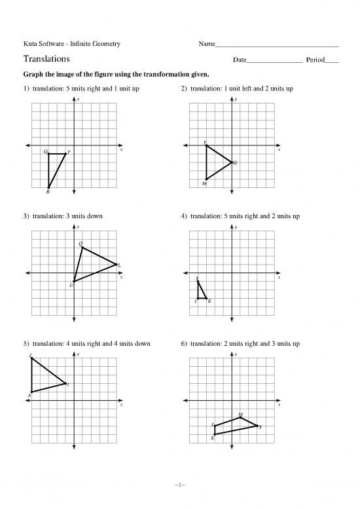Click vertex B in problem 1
48,187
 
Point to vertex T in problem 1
65,154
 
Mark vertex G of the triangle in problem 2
232,162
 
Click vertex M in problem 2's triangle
206,179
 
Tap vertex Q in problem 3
82,248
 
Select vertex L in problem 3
116,265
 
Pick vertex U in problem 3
73,282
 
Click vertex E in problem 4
206,298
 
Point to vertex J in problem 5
31,358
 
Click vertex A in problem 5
31,392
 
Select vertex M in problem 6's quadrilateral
240,417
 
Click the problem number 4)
183,216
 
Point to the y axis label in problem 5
78,354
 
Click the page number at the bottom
180,485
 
